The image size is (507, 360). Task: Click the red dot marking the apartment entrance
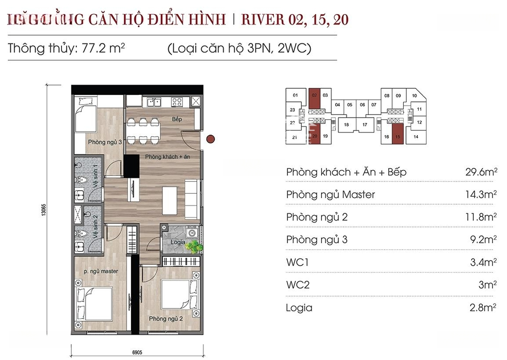(211, 138)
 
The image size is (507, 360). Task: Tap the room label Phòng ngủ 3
(105, 141)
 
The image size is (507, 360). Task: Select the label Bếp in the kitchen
(177, 120)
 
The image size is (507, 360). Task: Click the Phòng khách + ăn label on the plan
(168, 156)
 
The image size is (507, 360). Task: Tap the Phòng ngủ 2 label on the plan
(166, 319)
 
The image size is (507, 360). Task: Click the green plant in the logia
(193, 246)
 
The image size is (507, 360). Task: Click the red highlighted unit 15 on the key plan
(398, 137)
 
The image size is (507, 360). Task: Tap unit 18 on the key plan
(346, 125)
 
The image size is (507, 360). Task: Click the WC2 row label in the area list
(298, 285)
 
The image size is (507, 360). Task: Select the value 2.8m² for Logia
(480, 308)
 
